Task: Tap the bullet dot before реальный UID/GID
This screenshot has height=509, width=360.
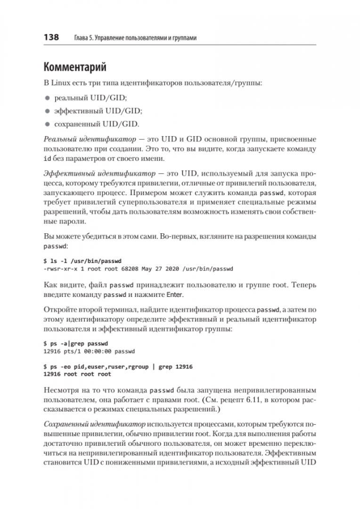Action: click(47, 97)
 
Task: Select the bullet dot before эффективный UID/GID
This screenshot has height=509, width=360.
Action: click(47, 111)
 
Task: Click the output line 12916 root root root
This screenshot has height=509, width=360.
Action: click(77, 374)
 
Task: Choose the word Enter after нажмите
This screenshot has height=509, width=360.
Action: click(174, 295)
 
